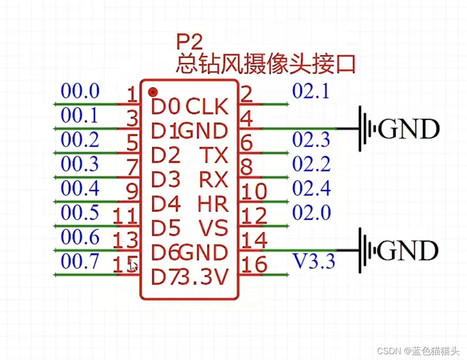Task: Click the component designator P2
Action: pyautogui.click(x=190, y=43)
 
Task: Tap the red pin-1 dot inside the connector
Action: pyautogui.click(x=153, y=91)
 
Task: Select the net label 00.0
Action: pyautogui.click(x=80, y=91)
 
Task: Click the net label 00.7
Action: pyautogui.click(x=80, y=262)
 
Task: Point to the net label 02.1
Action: pyautogui.click(x=311, y=91)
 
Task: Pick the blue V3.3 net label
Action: pyautogui.click(x=314, y=262)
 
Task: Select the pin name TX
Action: pyautogui.click(x=214, y=155)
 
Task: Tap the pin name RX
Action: pyautogui.click(x=214, y=180)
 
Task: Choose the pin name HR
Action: pyautogui.click(x=213, y=204)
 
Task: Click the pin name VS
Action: pyautogui.click(x=214, y=228)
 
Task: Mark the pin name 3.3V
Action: pyautogui.click(x=202, y=277)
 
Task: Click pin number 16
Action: pyautogui.click(x=254, y=264)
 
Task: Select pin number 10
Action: pyautogui.click(x=254, y=191)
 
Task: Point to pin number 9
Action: pyautogui.click(x=131, y=191)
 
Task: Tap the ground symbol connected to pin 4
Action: pyautogui.click(x=366, y=129)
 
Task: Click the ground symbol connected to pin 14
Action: pyautogui.click(x=366, y=250)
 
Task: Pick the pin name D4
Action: pyautogui.click(x=166, y=204)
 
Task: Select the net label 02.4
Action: pyautogui.click(x=311, y=188)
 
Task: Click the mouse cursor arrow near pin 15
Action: pyautogui.click(x=134, y=266)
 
